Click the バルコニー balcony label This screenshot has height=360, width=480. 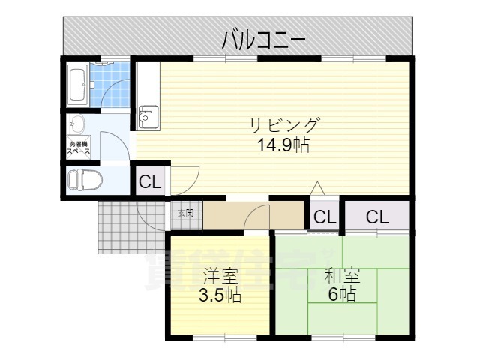[x=263, y=40]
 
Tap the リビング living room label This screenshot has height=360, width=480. [x=285, y=124]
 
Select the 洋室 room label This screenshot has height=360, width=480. [x=219, y=275]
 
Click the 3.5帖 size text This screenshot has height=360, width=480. [x=219, y=295]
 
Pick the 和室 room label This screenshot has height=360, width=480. [x=342, y=275]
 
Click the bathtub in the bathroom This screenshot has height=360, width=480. [x=76, y=83]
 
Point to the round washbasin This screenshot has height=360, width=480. [x=76, y=124]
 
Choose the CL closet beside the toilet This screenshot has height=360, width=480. [x=149, y=181]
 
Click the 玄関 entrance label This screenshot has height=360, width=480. [x=185, y=213]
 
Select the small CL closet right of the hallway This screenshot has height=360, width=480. [x=325, y=217]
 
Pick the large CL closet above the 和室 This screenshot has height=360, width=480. [x=377, y=217]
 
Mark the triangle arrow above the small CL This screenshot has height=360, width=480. [x=318, y=187]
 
